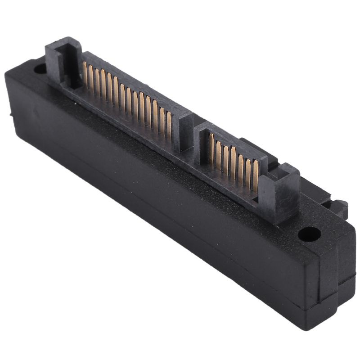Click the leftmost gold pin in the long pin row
coord(85,72)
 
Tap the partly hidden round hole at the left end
coord(40,69)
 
